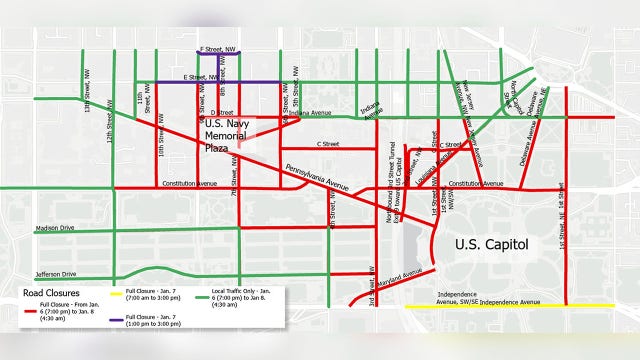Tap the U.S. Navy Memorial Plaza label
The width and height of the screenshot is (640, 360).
coord(229,135)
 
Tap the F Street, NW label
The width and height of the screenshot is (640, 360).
coord(218,47)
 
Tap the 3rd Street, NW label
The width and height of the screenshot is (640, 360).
coord(371,281)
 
